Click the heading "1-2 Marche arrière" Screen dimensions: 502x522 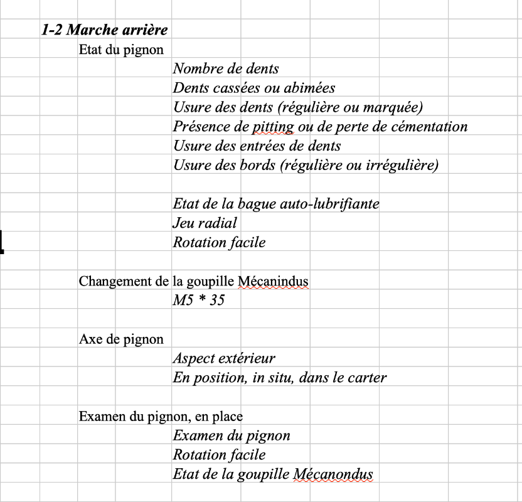104,29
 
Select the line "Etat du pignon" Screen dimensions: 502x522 121,50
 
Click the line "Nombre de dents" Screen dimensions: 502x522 226,68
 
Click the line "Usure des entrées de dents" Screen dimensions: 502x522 257,146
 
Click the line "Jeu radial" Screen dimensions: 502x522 205,223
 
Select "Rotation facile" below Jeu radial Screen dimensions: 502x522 219,242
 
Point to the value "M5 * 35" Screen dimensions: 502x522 198,301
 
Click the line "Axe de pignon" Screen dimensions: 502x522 121,339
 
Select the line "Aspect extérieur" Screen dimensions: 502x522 223,359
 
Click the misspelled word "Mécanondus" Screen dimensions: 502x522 333,474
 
